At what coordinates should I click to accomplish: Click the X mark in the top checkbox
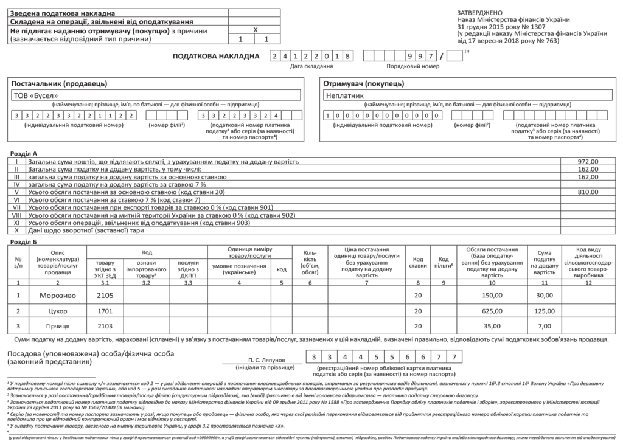(256, 30)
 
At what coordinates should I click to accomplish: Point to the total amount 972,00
(588, 162)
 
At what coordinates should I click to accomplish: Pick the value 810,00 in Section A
(588, 191)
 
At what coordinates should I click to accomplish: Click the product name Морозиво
(58, 295)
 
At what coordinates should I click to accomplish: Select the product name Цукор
(58, 311)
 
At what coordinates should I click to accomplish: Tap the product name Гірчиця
(58, 326)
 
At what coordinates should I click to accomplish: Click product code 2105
(105, 295)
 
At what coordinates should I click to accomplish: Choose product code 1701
(105, 311)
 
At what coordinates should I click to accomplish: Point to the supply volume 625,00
(492, 311)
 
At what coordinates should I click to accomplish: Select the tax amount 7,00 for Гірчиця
(545, 326)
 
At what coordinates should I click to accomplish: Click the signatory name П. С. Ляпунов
(266, 359)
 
